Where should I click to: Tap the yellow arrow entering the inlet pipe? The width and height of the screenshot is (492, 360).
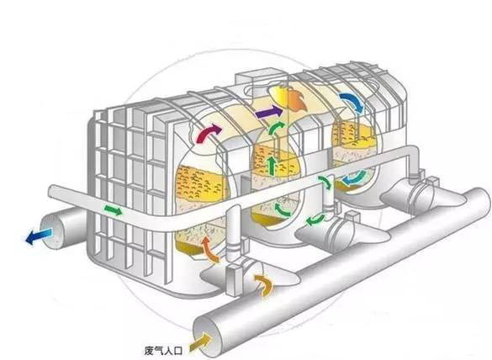click(200, 342)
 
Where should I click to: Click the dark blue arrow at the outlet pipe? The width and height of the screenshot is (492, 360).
click(39, 236)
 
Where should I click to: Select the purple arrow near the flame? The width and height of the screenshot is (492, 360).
click(268, 112)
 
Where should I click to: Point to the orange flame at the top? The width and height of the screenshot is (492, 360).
click(288, 98)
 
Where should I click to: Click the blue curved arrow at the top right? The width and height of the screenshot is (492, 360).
click(351, 102)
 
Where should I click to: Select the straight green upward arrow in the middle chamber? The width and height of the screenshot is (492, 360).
click(272, 166)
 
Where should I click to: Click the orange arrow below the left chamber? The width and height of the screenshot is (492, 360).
click(209, 249)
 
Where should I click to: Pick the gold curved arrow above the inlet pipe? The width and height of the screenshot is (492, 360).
click(264, 285)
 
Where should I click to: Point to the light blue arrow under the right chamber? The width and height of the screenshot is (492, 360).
click(354, 178)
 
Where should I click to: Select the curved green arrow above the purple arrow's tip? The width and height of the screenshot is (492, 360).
click(276, 127)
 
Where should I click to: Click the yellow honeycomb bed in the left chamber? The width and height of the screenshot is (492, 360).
click(201, 184)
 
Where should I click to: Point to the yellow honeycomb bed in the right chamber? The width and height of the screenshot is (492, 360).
click(354, 135)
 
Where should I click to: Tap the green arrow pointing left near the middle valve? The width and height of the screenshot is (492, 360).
click(315, 220)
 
